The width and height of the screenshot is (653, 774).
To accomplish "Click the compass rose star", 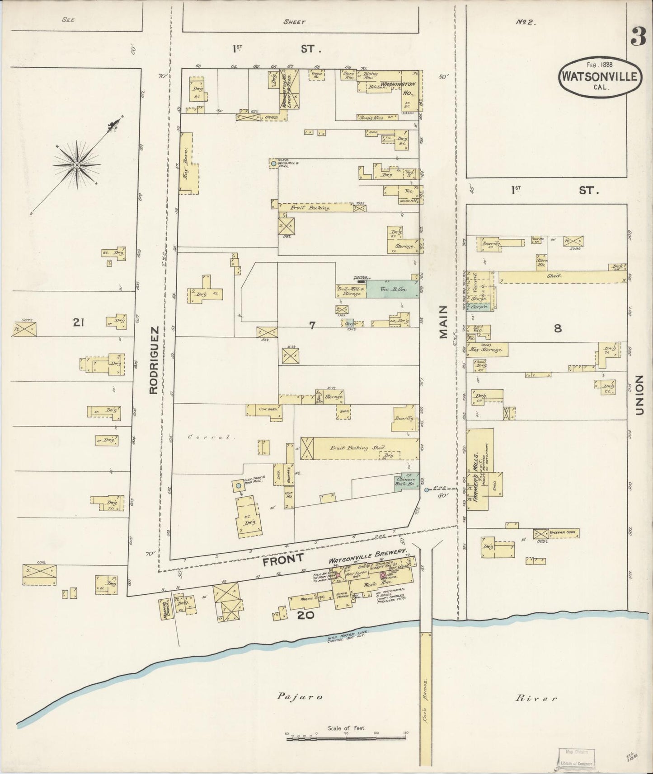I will point(77,165).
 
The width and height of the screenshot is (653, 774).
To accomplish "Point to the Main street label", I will point(442,322).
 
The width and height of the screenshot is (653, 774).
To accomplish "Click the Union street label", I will point(639,395).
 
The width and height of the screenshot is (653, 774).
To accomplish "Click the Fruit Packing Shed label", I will point(357,448).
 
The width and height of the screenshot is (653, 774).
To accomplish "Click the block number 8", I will point(558,329).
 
